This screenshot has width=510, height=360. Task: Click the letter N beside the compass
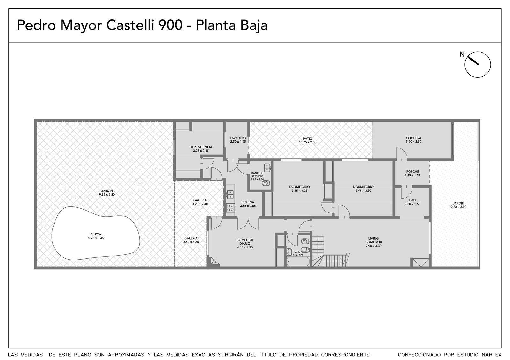coord(462,54)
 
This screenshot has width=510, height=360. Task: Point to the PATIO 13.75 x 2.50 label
coord(308,140)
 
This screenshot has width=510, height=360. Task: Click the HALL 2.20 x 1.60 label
coord(412,202)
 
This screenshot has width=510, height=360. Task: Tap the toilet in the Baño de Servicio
coord(266,183)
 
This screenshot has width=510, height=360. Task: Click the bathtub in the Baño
coord(298,262)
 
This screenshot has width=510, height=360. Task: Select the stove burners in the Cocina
coord(230,208)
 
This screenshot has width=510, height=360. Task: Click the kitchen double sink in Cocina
coord(230,195)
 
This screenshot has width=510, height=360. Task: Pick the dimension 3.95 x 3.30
coord(363,191)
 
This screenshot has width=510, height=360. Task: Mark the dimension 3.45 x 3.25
coord(300,191)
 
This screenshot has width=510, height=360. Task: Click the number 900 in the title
coord(171,25)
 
